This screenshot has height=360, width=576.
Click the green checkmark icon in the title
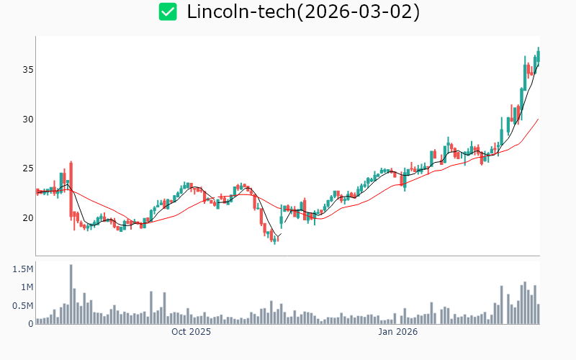tap(168, 12)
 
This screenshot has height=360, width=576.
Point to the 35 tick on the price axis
tap(27, 70)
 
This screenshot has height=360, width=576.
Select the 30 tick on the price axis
tap(27, 119)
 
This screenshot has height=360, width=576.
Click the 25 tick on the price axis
tap(27, 168)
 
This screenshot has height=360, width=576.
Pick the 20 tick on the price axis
tap(27, 217)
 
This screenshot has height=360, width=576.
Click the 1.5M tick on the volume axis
tap(23, 269)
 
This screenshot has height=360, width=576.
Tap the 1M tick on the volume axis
tap(26, 287)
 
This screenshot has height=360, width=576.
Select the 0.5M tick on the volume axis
tap(23, 305)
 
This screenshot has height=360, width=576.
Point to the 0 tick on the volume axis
tap(30, 323)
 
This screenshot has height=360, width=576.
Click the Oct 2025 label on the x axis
tap(191, 332)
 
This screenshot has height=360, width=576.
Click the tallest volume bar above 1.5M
tap(71, 294)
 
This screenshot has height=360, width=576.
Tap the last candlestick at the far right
tap(538, 54)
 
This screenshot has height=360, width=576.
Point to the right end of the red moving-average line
tap(538, 120)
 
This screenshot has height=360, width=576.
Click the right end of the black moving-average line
tap(538, 64)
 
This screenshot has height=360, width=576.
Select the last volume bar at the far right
tap(538, 314)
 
